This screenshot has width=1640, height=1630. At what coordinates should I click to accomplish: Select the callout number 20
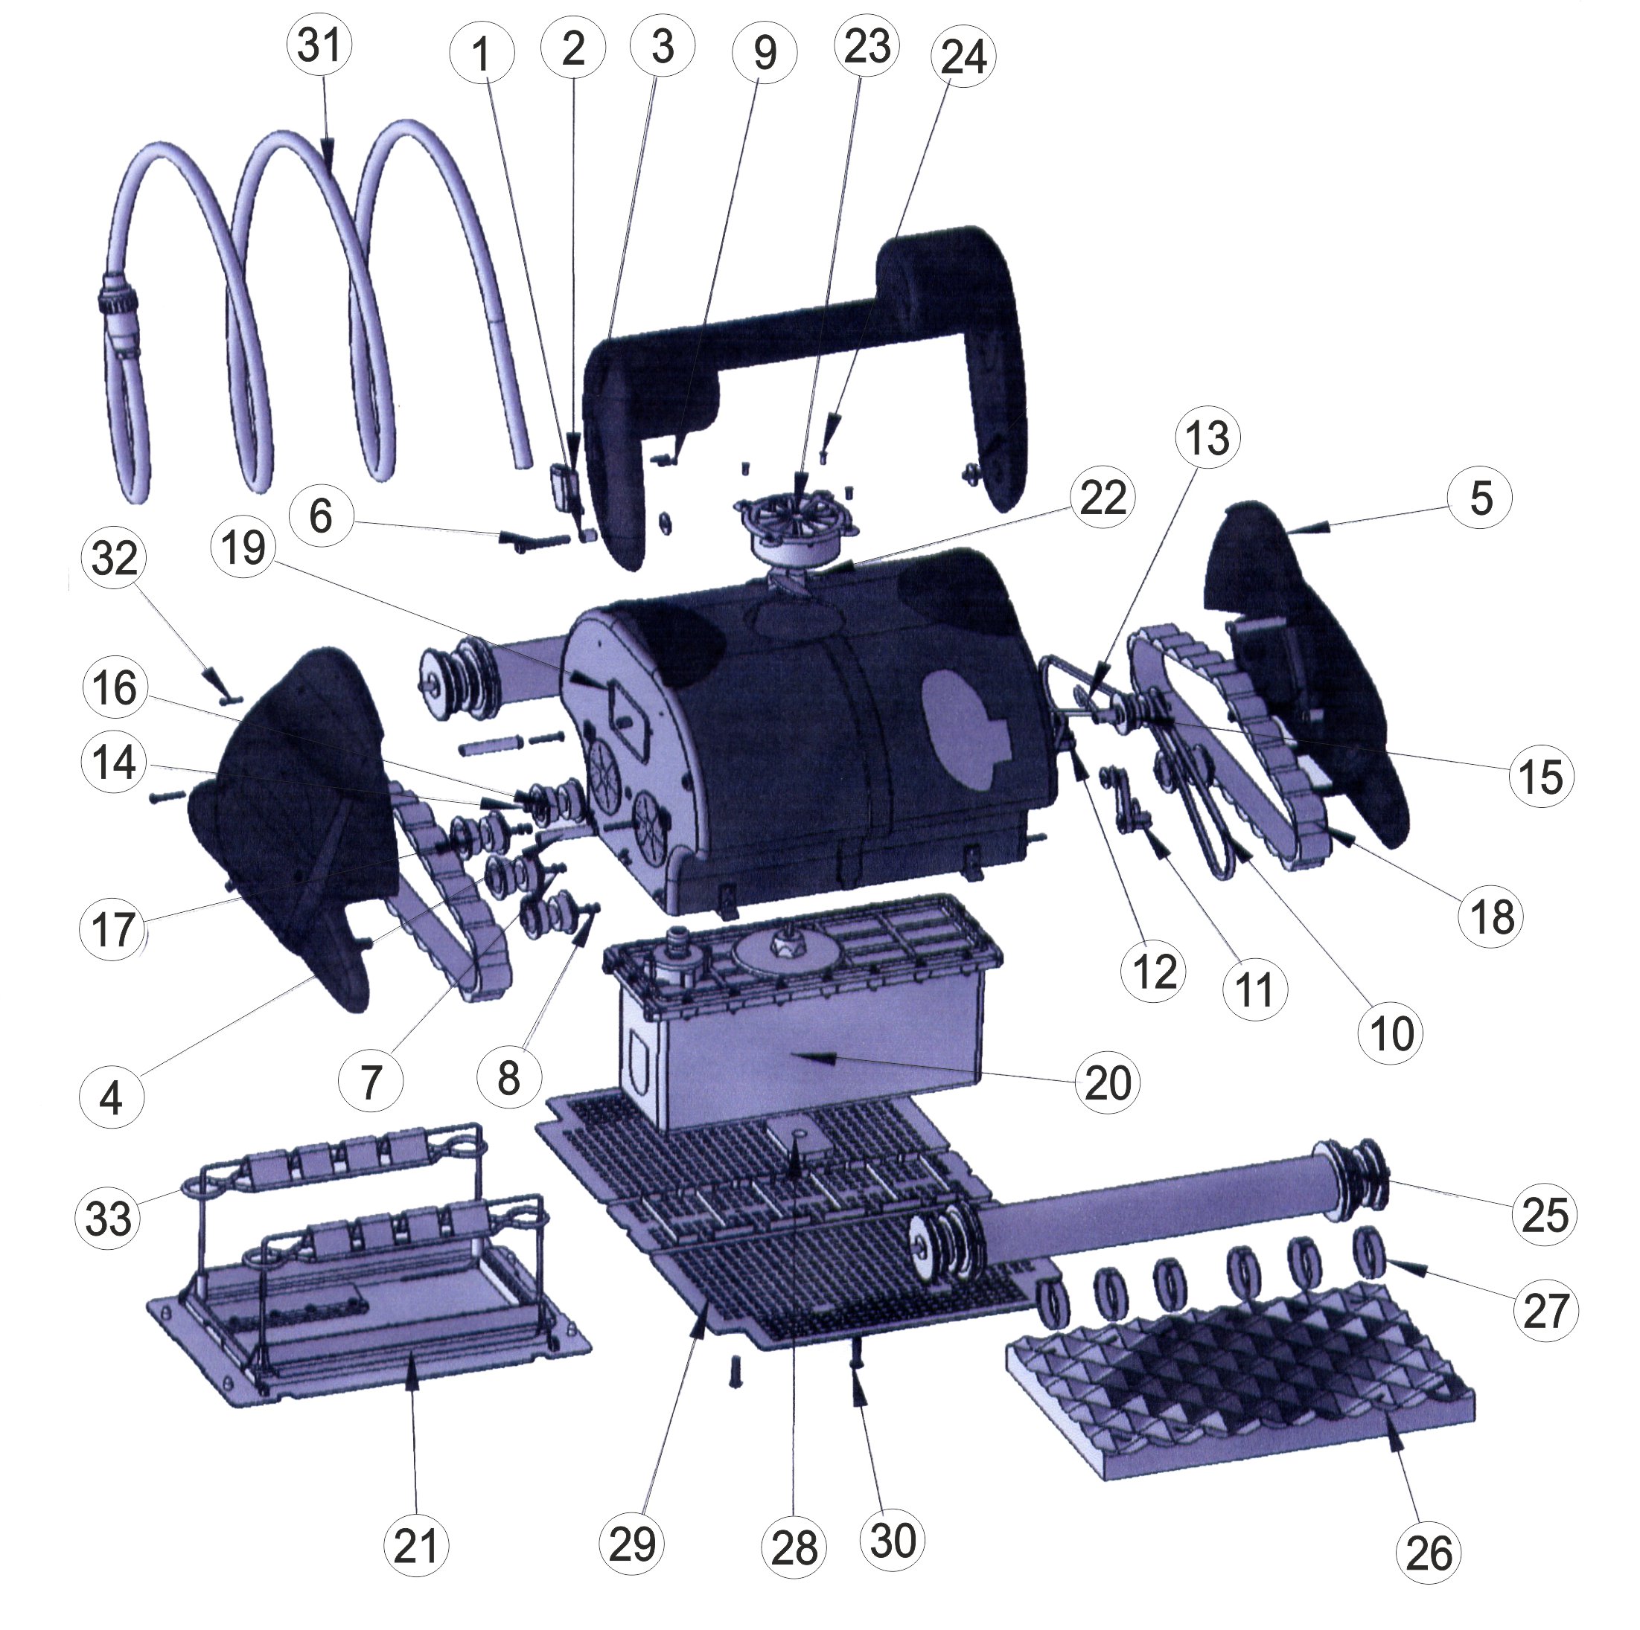click(x=1107, y=1083)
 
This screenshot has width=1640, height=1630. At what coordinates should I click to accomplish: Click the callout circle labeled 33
click(x=109, y=1219)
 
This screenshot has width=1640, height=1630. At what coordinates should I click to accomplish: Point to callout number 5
click(x=1481, y=498)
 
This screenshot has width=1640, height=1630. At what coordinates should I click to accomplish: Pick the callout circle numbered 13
click(x=1207, y=440)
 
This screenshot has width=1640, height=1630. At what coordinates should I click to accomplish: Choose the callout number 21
click(x=416, y=1546)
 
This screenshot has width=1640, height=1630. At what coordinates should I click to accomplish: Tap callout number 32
click(x=115, y=559)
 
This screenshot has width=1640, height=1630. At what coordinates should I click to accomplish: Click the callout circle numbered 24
click(x=963, y=58)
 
